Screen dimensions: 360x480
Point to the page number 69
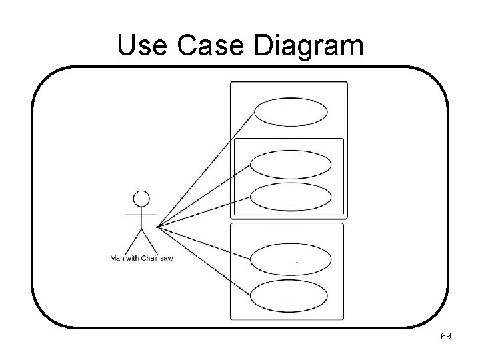tap(446, 337)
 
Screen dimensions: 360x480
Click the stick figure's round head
tap(141, 199)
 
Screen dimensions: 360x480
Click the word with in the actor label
tap(133, 258)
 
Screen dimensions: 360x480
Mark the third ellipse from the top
tap(291, 197)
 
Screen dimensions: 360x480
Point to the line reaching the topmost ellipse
tap(207, 167)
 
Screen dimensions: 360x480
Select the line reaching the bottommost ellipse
tap(203, 262)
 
